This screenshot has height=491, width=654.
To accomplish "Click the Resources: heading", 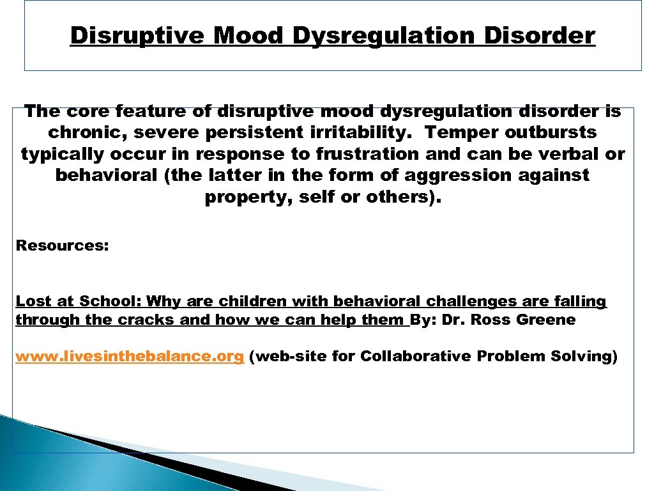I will pos(63,245).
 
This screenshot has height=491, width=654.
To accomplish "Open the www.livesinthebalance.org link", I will pos(130,357).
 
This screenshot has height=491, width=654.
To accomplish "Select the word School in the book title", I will pos(110,301).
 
